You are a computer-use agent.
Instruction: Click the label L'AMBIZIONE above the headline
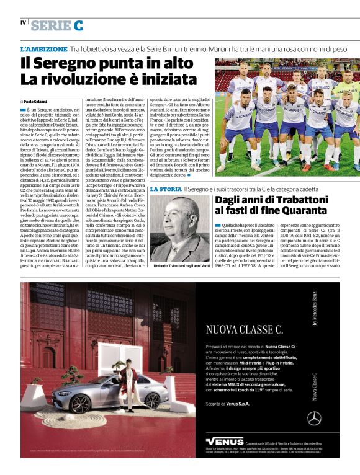(x=43, y=48)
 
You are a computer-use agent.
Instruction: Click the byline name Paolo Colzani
(x=35, y=101)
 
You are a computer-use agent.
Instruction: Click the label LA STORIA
(x=166, y=189)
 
